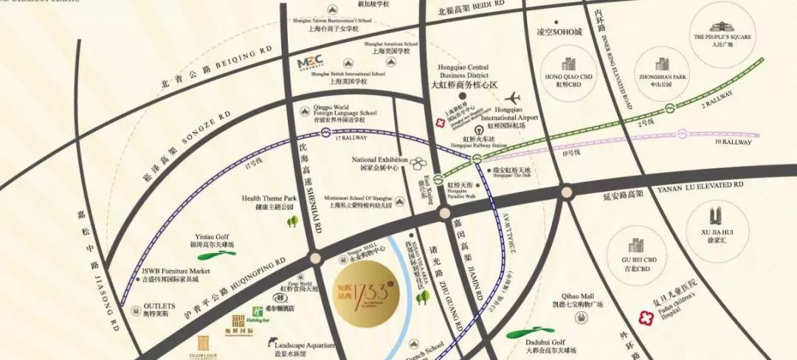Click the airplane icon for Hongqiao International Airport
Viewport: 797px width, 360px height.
(x=514, y=98)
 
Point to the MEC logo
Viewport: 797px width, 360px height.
(x=312, y=64)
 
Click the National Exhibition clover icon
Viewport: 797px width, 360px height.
(x=418, y=162)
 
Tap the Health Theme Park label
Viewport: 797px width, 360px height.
(x=269, y=202)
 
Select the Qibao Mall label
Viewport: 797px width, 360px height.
(x=575, y=299)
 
